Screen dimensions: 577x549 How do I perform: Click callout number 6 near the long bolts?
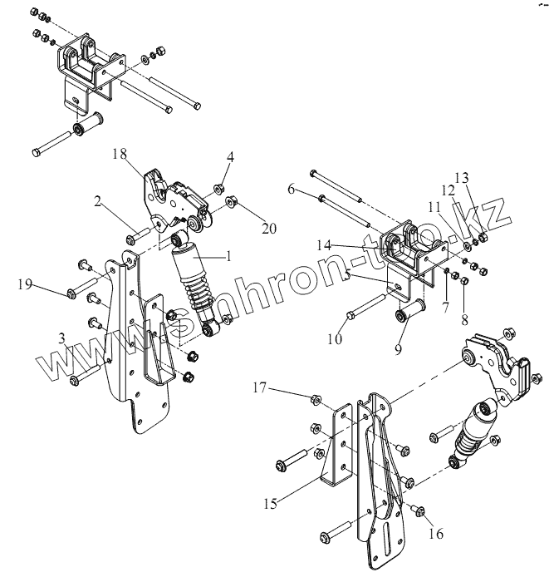[x=292, y=190]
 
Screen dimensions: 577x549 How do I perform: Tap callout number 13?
[x=463, y=176]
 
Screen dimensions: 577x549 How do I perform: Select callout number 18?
[x=119, y=155]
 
